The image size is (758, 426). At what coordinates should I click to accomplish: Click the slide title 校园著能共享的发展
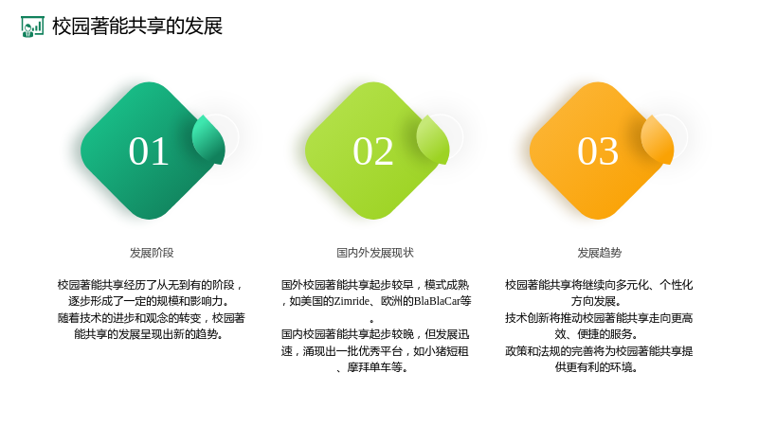[137, 27]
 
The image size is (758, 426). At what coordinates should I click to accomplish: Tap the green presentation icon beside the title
[32, 27]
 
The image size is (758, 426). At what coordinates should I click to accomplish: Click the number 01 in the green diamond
[149, 151]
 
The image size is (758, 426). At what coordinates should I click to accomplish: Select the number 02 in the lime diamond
[372, 151]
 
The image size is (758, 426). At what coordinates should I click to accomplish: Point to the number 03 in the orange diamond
[598, 151]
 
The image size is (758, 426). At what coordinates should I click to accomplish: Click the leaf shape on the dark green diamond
[208, 140]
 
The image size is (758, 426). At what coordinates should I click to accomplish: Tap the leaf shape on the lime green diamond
[433, 140]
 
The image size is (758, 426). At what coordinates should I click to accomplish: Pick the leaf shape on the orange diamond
[658, 140]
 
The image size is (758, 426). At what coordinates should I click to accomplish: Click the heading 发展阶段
[152, 253]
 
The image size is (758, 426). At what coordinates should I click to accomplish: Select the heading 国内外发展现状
[375, 253]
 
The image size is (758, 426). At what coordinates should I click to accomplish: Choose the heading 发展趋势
[600, 253]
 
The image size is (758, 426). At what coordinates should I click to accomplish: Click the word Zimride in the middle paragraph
[352, 301]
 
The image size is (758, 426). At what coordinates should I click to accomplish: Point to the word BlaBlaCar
[437, 301]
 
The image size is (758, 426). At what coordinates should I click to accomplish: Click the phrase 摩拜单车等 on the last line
[374, 367]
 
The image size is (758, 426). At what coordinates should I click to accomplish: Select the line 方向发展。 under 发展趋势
[596, 301]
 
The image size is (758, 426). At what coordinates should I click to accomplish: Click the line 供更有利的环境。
[596, 367]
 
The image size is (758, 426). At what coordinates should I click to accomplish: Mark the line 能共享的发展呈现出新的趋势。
[149, 334]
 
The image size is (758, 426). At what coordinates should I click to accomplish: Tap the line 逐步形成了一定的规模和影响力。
[149, 301]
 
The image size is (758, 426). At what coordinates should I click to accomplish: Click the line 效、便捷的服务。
[596, 334]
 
